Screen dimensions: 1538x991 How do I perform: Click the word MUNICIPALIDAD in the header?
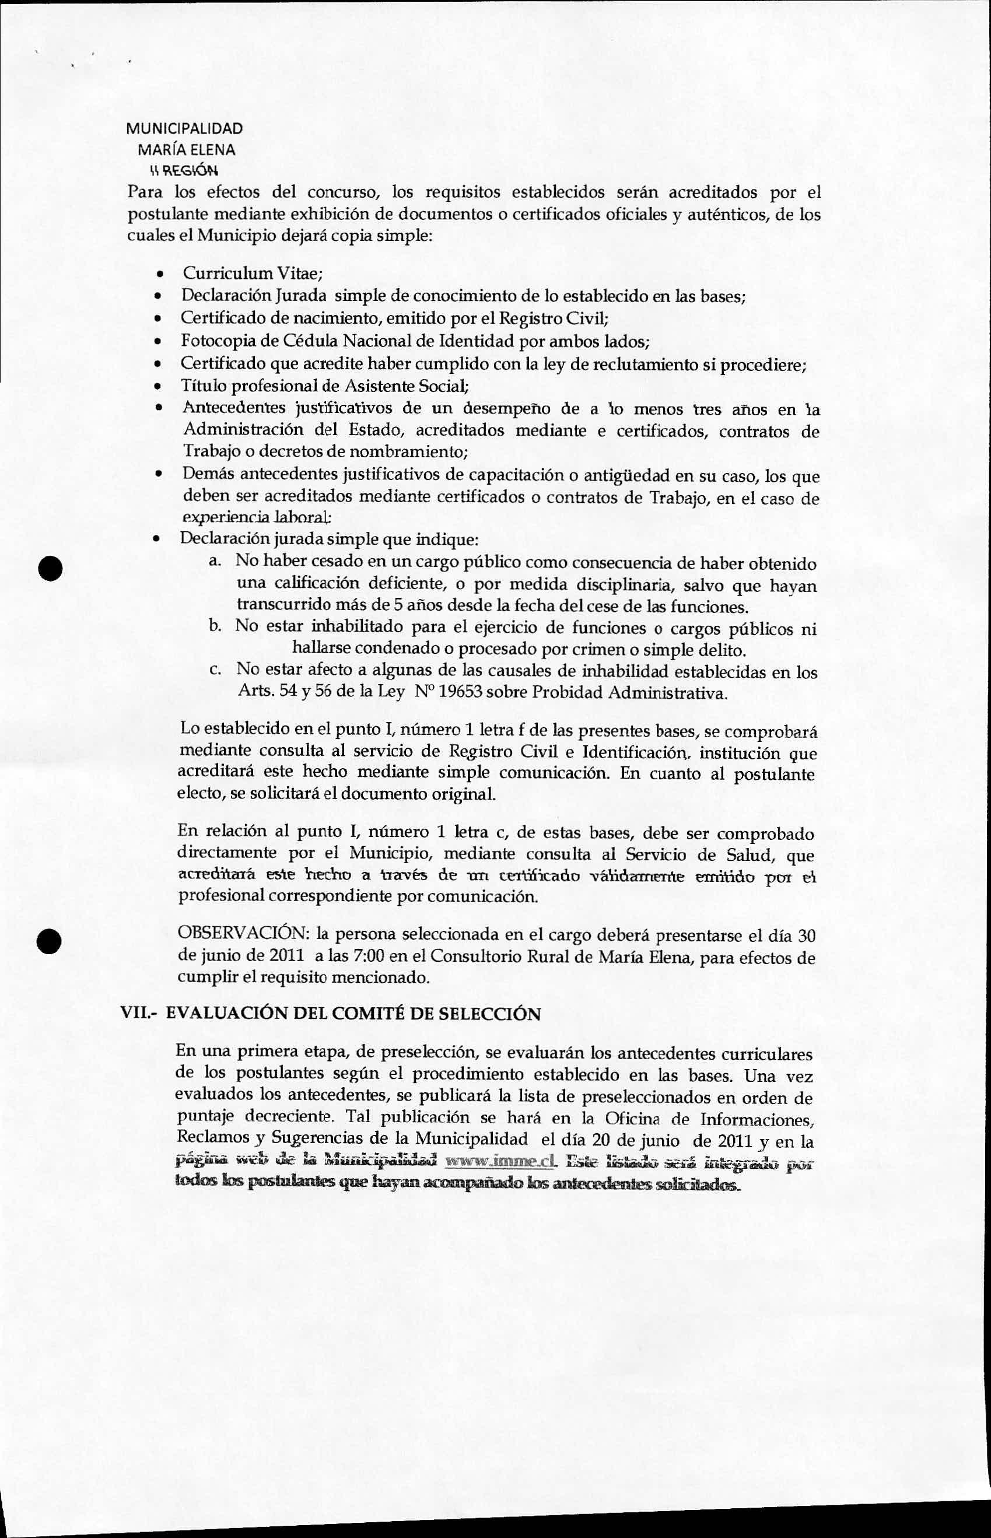pos(184,128)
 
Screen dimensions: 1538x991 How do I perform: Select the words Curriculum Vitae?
pos(251,274)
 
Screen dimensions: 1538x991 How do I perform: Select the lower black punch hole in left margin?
pos(49,941)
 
